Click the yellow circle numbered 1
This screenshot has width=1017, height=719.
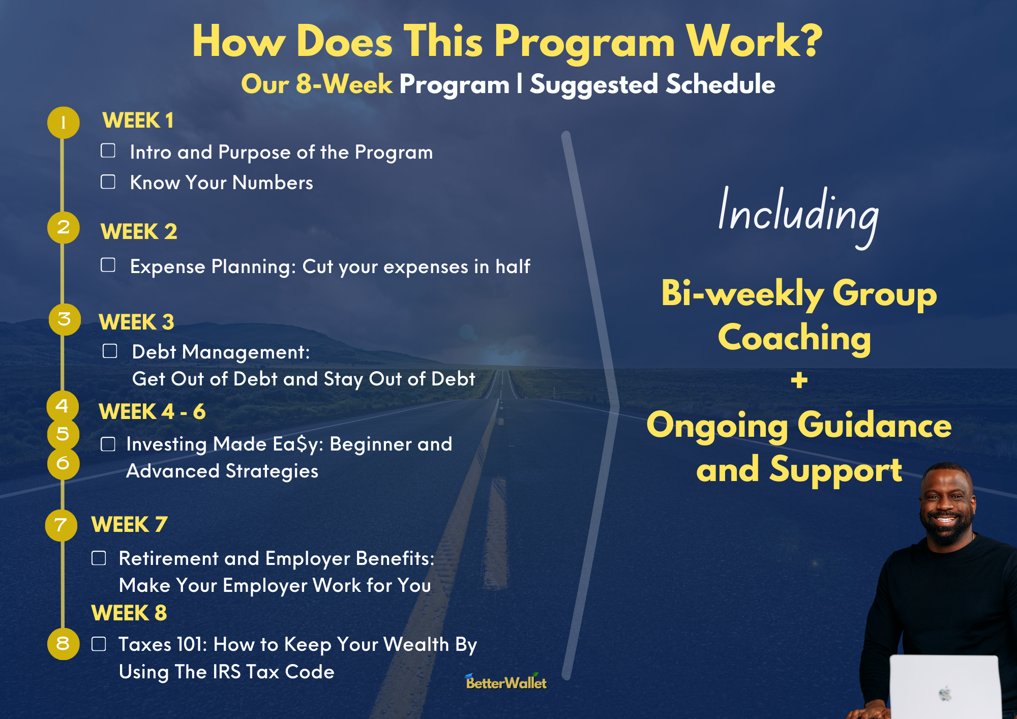click(x=63, y=123)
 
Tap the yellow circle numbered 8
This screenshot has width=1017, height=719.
click(x=63, y=644)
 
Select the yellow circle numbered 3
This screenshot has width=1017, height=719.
click(x=65, y=319)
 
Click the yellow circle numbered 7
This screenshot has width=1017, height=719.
click(x=61, y=525)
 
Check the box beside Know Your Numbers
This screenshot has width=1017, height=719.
click(x=108, y=182)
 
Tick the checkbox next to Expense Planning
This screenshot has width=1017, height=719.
click(x=108, y=265)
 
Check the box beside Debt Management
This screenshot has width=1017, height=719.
click(x=110, y=351)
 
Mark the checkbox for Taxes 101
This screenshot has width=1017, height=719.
click(x=99, y=644)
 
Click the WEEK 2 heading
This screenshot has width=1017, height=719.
click(x=139, y=232)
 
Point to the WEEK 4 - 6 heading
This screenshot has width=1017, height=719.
click(x=152, y=412)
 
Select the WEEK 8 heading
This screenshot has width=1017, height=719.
click(x=129, y=613)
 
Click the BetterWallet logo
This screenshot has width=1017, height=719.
click(x=506, y=681)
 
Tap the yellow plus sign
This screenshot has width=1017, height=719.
click(x=799, y=380)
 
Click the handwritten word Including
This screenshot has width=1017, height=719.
click(x=798, y=216)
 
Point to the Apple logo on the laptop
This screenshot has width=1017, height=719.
click(x=945, y=694)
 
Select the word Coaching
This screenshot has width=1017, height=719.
click(x=794, y=338)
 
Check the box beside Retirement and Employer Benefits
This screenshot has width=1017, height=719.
click(x=99, y=558)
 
